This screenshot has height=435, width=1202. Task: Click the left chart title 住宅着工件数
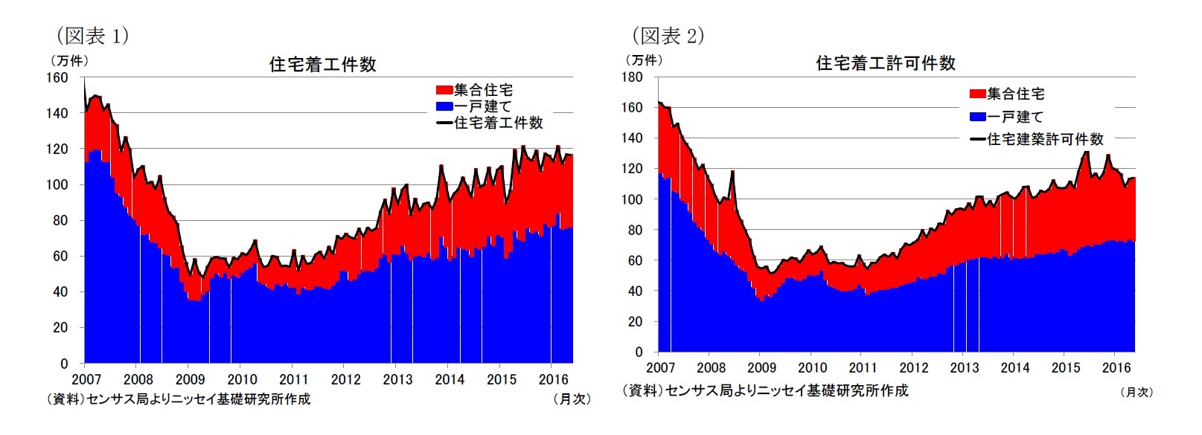click(322, 65)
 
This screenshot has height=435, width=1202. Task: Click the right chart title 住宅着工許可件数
click(885, 63)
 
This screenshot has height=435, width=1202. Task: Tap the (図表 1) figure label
click(92, 35)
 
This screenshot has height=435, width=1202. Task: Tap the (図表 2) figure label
click(668, 35)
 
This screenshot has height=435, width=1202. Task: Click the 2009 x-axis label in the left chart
click(190, 379)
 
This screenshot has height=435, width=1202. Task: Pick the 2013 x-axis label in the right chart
click(965, 368)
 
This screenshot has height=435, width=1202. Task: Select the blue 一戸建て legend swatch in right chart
click(977, 117)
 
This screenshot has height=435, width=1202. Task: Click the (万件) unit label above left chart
click(68, 60)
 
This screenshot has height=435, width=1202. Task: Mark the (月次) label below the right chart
click(1136, 392)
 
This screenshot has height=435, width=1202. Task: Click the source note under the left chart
click(179, 399)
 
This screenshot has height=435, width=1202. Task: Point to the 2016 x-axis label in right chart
click(1116, 368)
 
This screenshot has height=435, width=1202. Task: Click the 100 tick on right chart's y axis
click(632, 199)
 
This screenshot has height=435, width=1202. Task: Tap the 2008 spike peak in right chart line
click(732, 172)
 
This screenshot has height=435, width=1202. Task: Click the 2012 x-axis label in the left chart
click(345, 379)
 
